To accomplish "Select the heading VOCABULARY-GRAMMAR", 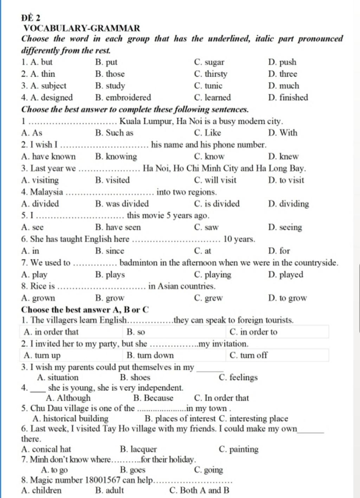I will (x=82, y=28).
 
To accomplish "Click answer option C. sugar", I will (x=209, y=62).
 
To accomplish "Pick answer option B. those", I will (x=110, y=74).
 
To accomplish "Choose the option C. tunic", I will (x=208, y=86).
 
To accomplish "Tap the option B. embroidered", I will (x=123, y=97).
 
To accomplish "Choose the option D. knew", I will (x=283, y=157).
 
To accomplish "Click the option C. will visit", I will (x=215, y=180).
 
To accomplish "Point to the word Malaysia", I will (x=46, y=192).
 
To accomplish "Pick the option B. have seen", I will (x=118, y=227).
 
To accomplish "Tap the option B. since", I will (x=110, y=251).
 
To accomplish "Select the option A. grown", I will (x=38, y=298).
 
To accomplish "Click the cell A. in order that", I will (x=51, y=332).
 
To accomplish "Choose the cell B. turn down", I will (x=150, y=355).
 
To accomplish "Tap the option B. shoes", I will (x=135, y=377).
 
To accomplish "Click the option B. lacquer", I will (x=138, y=449).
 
